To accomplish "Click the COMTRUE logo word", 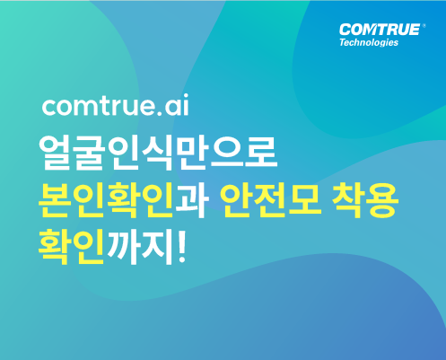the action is [x=380, y=30].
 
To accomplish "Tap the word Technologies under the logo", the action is [x=369, y=42].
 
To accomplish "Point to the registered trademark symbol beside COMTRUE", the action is [x=424, y=26].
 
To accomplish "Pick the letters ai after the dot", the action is [x=177, y=104].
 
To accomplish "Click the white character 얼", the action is [x=55, y=154].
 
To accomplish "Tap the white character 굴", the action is [x=89, y=154].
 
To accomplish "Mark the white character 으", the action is [x=226, y=154].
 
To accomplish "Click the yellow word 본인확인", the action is [x=106, y=200].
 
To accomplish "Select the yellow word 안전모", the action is [x=271, y=200].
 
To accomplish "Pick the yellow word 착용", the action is [x=365, y=200].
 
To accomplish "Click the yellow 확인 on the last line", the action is [x=71, y=247].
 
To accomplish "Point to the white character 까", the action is [x=123, y=247].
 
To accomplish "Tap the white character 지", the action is [x=157, y=247].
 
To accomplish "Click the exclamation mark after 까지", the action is [x=181, y=246].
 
